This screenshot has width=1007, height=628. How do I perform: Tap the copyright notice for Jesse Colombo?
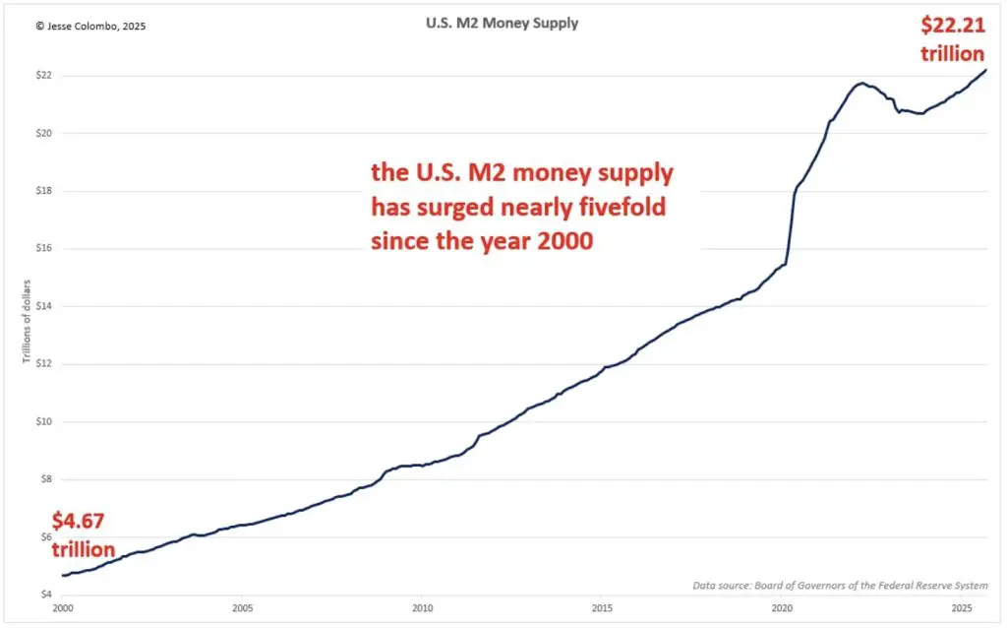coord(90,27)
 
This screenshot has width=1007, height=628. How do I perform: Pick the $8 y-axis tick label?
coord(43,479)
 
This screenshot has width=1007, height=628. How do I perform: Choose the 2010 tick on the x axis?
coord(422,610)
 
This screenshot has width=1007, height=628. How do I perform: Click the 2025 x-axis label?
coord(964,610)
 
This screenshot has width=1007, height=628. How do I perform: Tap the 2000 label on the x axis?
coord(62,610)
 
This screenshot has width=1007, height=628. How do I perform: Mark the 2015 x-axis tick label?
coord(603,610)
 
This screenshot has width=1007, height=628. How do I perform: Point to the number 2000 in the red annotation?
coord(565,240)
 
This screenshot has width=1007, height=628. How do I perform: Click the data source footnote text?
coord(840,586)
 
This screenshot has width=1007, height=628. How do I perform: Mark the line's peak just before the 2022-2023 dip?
coord(861,83)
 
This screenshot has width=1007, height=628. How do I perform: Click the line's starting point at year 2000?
coord(62,576)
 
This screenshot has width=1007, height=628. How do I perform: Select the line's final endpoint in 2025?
coord(985,70)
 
